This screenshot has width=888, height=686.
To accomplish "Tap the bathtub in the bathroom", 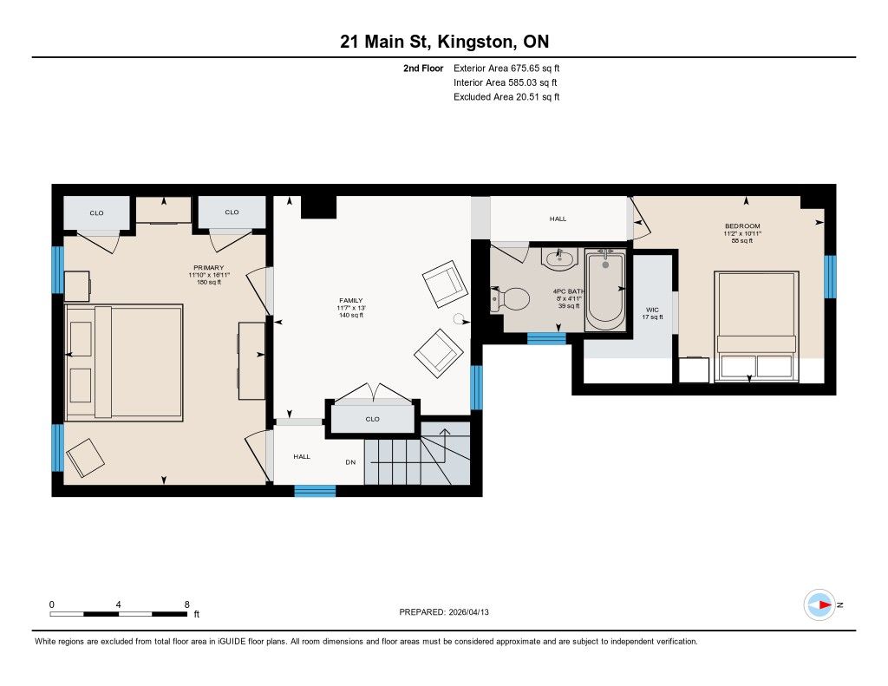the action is coord(605,290).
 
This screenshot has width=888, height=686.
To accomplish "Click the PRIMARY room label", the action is coord(208,267).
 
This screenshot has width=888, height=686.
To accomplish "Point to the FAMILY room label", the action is coord(350,300).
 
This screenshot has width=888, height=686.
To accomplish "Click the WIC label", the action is coord(652,310).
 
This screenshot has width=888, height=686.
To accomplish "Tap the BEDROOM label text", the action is coord(742,226).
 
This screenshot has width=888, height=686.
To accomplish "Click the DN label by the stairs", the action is coord(350,462).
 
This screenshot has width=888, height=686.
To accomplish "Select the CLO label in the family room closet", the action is coord(372,419).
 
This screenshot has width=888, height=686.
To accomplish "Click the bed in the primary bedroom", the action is coord(124,363).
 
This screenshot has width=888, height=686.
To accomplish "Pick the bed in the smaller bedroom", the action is coord(756,326).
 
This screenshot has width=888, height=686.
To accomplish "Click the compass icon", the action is coord(819,605).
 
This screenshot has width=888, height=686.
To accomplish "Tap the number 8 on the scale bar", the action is coord(187,604).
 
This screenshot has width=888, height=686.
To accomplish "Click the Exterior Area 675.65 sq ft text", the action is coord(506,68).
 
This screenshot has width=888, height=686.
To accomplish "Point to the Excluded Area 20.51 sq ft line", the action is coord(506,97).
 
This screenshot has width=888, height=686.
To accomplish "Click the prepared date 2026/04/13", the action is coord(468,611).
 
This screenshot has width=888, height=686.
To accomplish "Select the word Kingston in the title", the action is coord(475,42).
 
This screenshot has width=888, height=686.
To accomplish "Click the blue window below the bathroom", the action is coord(546,339).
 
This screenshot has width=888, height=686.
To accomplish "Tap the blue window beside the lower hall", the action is coord(315,491).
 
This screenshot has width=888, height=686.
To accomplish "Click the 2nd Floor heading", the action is coord(423,68).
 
